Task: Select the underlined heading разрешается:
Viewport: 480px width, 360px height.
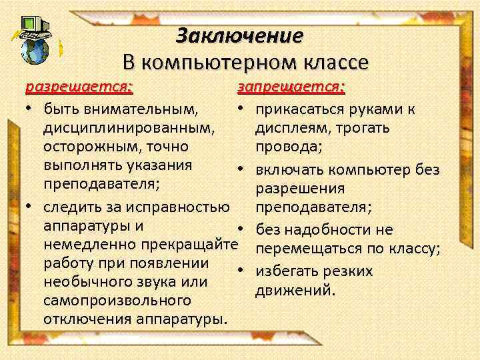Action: click(79, 88)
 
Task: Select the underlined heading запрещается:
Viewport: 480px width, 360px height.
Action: click(291, 88)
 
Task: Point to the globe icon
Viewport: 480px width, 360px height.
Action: click(35, 50)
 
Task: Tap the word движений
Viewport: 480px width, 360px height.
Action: click(295, 291)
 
